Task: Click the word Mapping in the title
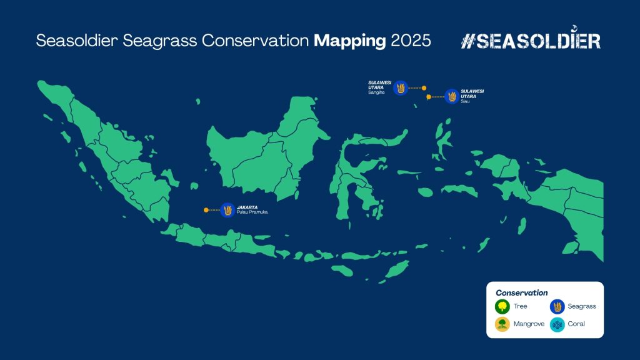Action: (350, 41)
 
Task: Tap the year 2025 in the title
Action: (411, 41)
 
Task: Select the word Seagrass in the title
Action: (159, 41)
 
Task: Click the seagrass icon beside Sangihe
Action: (401, 87)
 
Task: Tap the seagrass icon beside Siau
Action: (452, 96)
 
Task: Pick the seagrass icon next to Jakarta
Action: (227, 210)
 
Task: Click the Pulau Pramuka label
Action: (252, 212)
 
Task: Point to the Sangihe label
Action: (376, 92)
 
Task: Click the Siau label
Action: (465, 101)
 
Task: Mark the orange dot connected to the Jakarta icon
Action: (206, 210)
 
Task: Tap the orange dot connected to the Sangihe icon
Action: (424, 87)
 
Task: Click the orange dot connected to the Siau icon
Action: (429, 97)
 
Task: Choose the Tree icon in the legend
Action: (502, 306)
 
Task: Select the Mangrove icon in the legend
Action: (502, 324)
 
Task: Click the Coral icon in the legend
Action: (557, 324)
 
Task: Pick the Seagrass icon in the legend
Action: (557, 306)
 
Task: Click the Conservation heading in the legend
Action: (522, 292)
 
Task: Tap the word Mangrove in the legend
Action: (529, 324)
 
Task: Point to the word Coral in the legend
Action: (576, 324)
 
